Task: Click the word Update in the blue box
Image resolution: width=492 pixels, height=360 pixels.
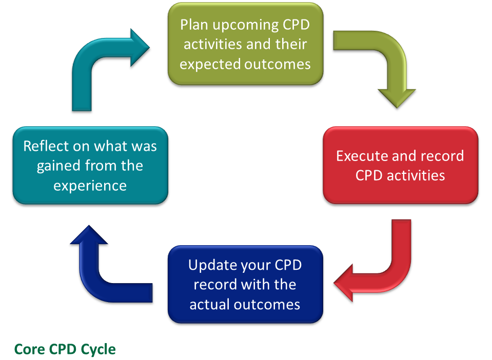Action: click(x=212, y=266)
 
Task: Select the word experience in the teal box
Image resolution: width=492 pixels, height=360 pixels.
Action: click(x=90, y=185)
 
